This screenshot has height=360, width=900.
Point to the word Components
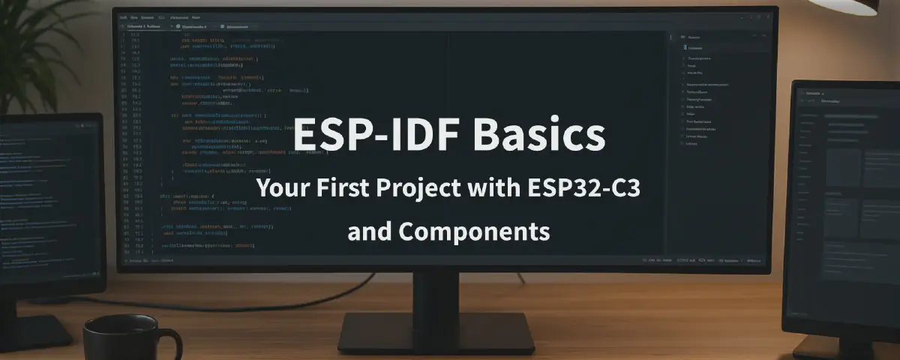[x=475, y=231]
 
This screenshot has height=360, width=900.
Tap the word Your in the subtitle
[x=278, y=187]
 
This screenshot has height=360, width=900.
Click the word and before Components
[x=369, y=231]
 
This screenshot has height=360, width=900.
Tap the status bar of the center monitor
[x=442, y=261]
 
